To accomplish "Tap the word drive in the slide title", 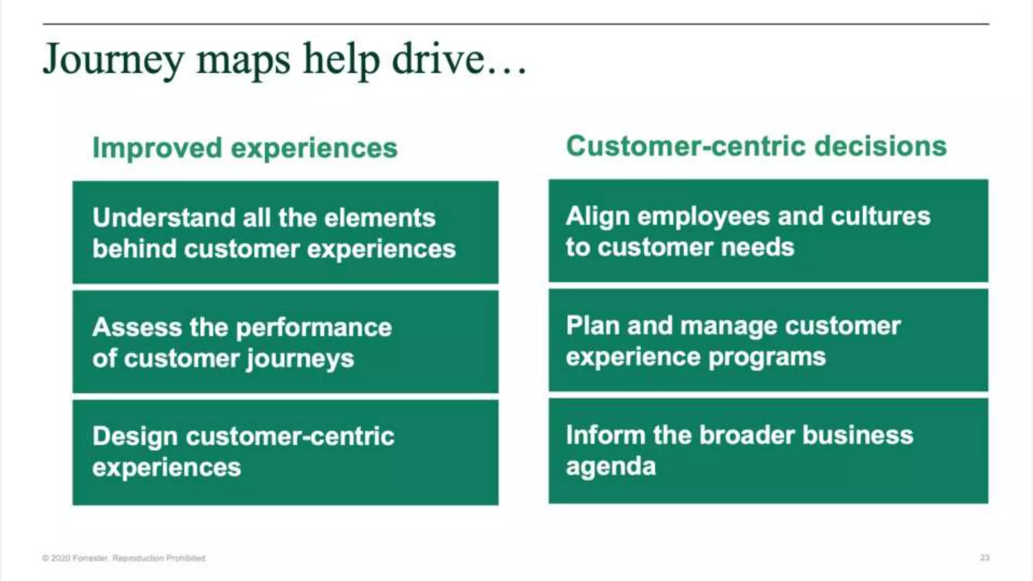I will point(437,60).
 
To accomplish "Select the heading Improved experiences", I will point(245,148).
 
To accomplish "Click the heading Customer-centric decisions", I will point(756,146).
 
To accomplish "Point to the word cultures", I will point(880,216).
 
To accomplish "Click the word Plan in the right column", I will point(593,326).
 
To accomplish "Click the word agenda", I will point(611,467).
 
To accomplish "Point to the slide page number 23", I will point(985,557).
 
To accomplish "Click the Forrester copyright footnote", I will point(125,558).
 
